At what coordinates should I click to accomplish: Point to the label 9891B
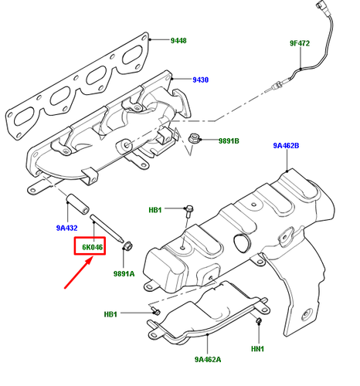[x=229, y=141]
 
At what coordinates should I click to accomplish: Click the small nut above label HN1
[x=259, y=320]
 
